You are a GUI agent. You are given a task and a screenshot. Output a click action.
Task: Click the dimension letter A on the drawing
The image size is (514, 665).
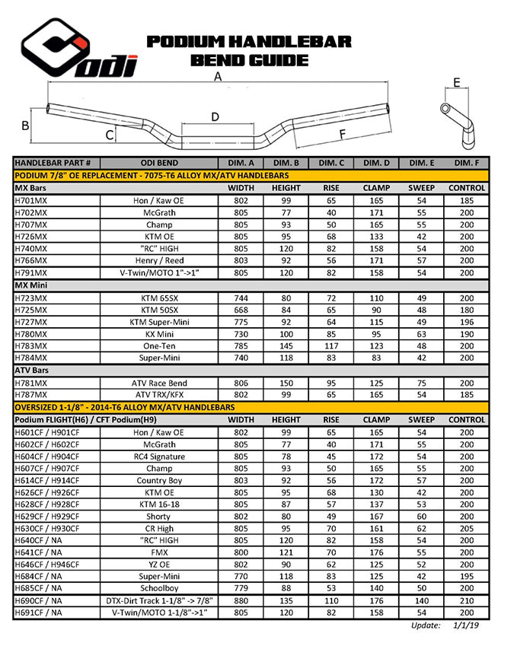pyautogui.click(x=219, y=77)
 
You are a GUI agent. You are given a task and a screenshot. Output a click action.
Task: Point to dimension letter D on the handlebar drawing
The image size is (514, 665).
pyautogui.click(x=215, y=116)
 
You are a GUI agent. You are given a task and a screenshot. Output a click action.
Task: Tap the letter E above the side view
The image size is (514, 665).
pyautogui.click(x=456, y=82)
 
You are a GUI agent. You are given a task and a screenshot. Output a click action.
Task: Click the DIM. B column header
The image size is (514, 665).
pyautogui.click(x=286, y=163)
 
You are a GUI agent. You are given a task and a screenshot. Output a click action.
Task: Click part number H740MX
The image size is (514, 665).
pyautogui.click(x=31, y=248)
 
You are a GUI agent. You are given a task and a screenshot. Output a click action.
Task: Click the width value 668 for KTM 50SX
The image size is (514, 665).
pyautogui.click(x=241, y=310)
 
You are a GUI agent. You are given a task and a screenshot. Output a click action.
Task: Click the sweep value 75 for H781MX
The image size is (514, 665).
pyautogui.click(x=421, y=383)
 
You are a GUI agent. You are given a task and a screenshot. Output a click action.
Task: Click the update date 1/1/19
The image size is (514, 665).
pyautogui.click(x=465, y=625)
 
